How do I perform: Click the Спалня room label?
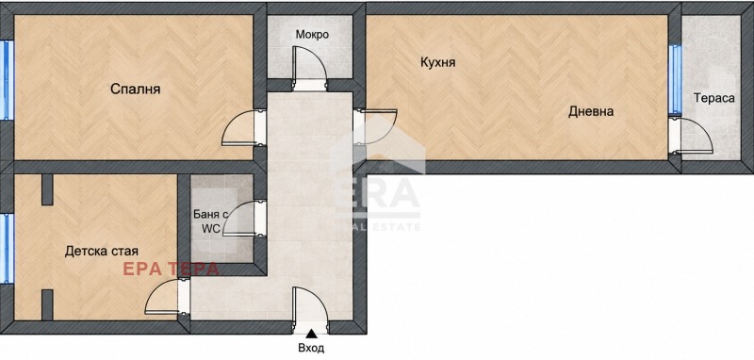pos(135,90)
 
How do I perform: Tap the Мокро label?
pos(312,35)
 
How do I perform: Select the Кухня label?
pos(437,62)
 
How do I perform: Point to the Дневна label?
pos(591,111)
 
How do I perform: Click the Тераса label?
pos(714,98)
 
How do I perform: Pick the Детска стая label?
pos(102,251)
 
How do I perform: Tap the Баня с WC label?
pos(206,221)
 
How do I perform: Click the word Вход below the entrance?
pos(311,348)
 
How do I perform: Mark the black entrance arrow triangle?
pos(312,333)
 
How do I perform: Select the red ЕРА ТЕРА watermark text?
pos(172,270)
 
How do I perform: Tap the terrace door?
pos(691,136)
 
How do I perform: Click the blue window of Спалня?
pos(7,80)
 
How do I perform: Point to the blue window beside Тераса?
pos(675,80)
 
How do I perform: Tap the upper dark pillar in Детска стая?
pos(47,189)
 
